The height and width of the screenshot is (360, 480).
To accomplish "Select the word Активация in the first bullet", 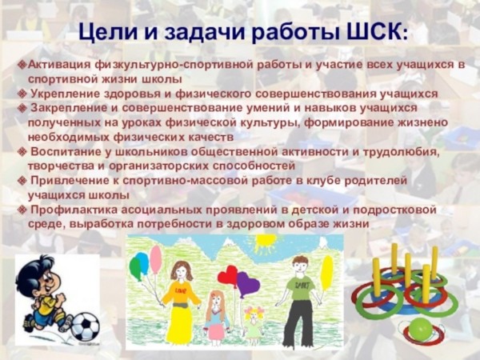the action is pos(59,66).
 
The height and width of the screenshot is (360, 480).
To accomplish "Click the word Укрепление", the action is pos(66,94).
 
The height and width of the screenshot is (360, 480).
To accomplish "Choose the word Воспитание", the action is pos(66,152).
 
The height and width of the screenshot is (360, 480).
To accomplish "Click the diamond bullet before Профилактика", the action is pos(22,210).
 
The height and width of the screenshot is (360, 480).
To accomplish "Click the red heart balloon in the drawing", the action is pos(228,275).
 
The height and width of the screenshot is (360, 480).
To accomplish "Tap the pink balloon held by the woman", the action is pos(156,259).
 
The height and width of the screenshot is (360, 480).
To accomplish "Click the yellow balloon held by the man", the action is pos(327,273).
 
